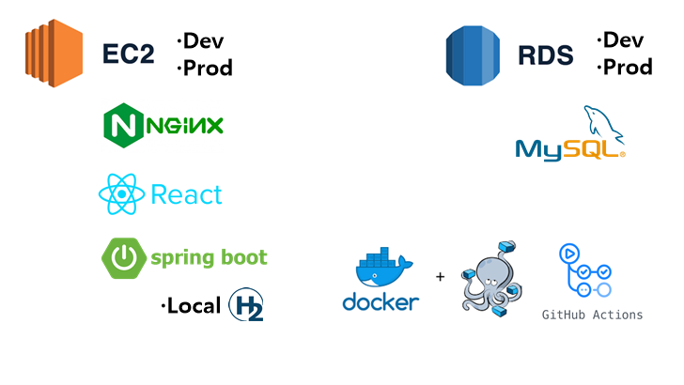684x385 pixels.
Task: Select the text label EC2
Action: (x=128, y=54)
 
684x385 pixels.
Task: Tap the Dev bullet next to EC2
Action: (x=201, y=40)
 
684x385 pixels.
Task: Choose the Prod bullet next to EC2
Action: (x=205, y=68)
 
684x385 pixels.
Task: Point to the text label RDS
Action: (x=545, y=54)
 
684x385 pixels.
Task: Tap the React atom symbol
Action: (x=121, y=194)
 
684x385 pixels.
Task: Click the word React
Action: (x=186, y=194)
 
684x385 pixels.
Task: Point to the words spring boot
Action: (x=209, y=257)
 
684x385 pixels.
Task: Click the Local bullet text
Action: (x=191, y=305)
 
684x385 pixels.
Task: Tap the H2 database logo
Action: (x=246, y=304)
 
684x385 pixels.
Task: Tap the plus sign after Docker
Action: (x=440, y=277)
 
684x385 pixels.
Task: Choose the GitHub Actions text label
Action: (x=592, y=315)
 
